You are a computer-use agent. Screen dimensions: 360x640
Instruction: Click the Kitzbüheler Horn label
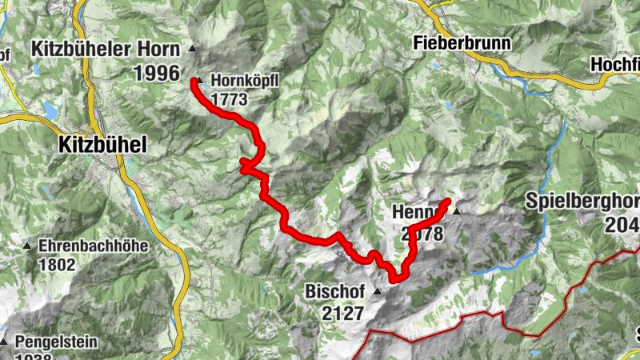click(x=106, y=50)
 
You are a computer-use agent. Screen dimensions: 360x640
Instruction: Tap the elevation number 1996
click(x=156, y=73)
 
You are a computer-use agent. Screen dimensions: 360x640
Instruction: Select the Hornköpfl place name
click(x=242, y=81)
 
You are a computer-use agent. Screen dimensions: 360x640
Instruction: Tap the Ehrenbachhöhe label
click(x=93, y=246)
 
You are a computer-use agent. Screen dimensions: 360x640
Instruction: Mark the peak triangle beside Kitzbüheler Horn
click(x=192, y=50)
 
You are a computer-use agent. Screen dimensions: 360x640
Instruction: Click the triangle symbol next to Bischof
click(x=376, y=293)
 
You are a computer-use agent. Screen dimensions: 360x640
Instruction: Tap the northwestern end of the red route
click(x=194, y=81)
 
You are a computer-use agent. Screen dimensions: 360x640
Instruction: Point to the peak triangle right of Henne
click(x=457, y=212)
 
